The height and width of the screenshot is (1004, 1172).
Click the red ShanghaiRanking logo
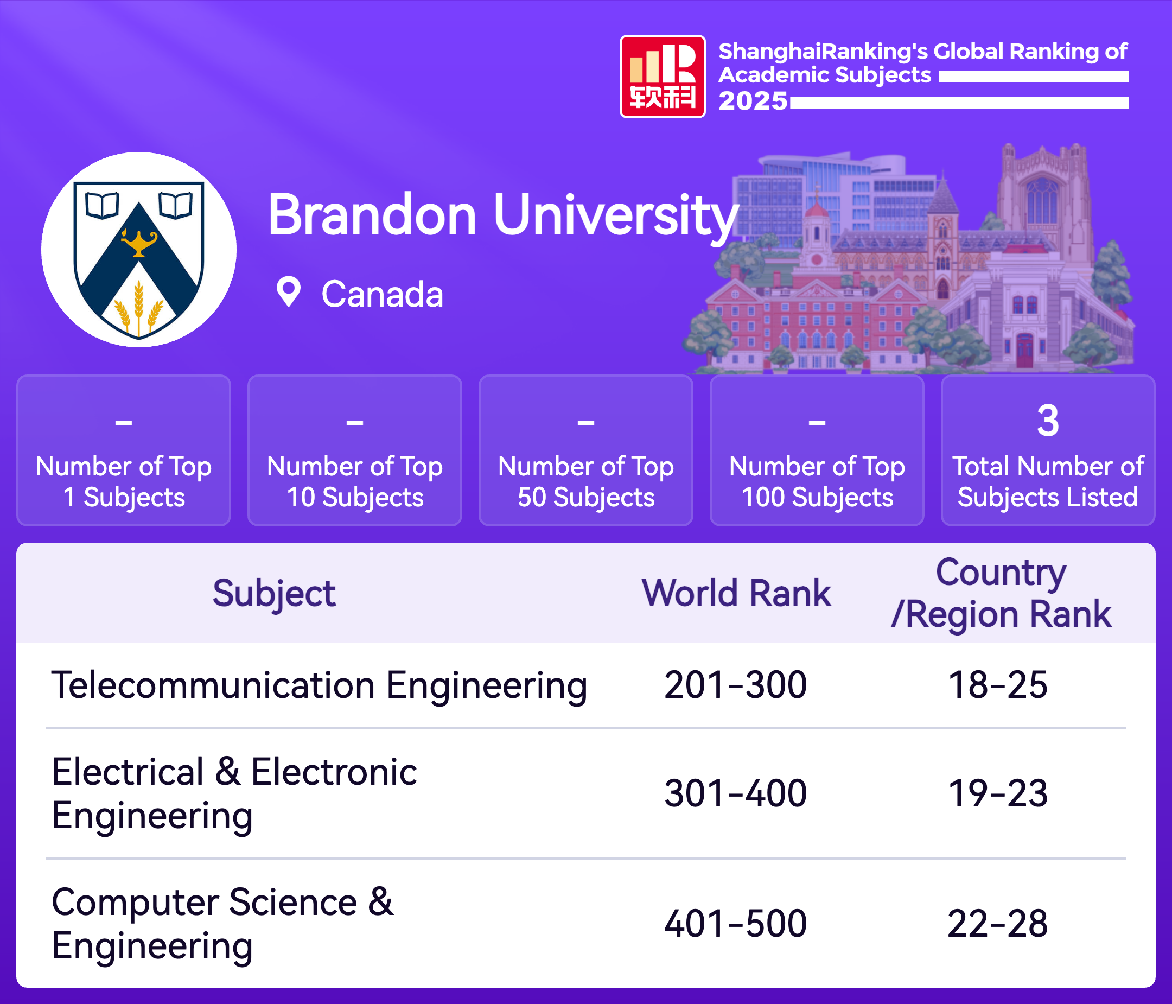tap(663, 77)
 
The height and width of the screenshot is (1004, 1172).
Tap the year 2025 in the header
tap(753, 101)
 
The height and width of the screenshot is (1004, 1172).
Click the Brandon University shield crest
tap(139, 259)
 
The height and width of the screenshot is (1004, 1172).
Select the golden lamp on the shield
tap(139, 242)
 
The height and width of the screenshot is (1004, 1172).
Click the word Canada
tap(383, 294)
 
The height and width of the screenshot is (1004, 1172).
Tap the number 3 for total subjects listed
tap(1048, 421)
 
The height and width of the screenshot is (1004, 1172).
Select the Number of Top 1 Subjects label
tap(124, 482)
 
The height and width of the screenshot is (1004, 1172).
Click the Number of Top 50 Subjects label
tap(586, 482)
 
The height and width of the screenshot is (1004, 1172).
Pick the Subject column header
tap(274, 594)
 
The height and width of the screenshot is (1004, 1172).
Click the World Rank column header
tap(736, 593)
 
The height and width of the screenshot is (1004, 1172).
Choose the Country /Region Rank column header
tap(1001, 593)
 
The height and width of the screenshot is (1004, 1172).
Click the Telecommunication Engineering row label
tap(319, 685)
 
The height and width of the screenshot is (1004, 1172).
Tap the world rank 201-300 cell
tap(735, 685)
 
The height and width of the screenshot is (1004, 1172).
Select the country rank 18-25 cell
tap(998, 685)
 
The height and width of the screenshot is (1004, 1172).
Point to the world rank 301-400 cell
tap(735, 793)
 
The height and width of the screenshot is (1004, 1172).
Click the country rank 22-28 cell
tap(998, 924)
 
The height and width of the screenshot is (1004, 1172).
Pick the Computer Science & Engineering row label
tap(222, 924)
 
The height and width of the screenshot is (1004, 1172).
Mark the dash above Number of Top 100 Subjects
tap(817, 422)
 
